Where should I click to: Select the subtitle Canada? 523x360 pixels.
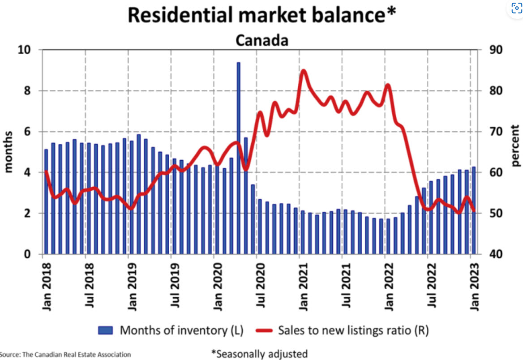(261, 40)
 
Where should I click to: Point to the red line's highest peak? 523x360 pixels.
(303, 71)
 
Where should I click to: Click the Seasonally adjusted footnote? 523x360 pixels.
(260, 353)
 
